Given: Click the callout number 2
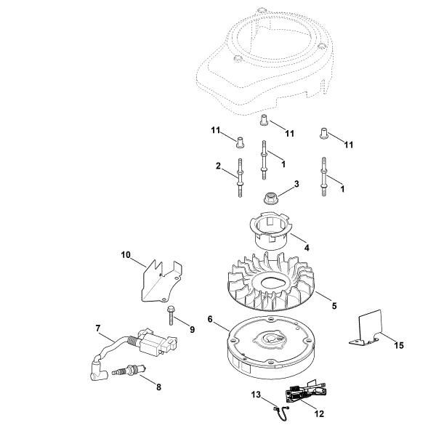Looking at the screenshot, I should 218,166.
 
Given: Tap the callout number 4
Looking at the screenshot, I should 307,248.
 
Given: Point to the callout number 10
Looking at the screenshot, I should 125,254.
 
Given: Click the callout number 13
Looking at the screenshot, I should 256,395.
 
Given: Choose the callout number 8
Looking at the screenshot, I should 159,387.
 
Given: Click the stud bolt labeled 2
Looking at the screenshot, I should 239,179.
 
